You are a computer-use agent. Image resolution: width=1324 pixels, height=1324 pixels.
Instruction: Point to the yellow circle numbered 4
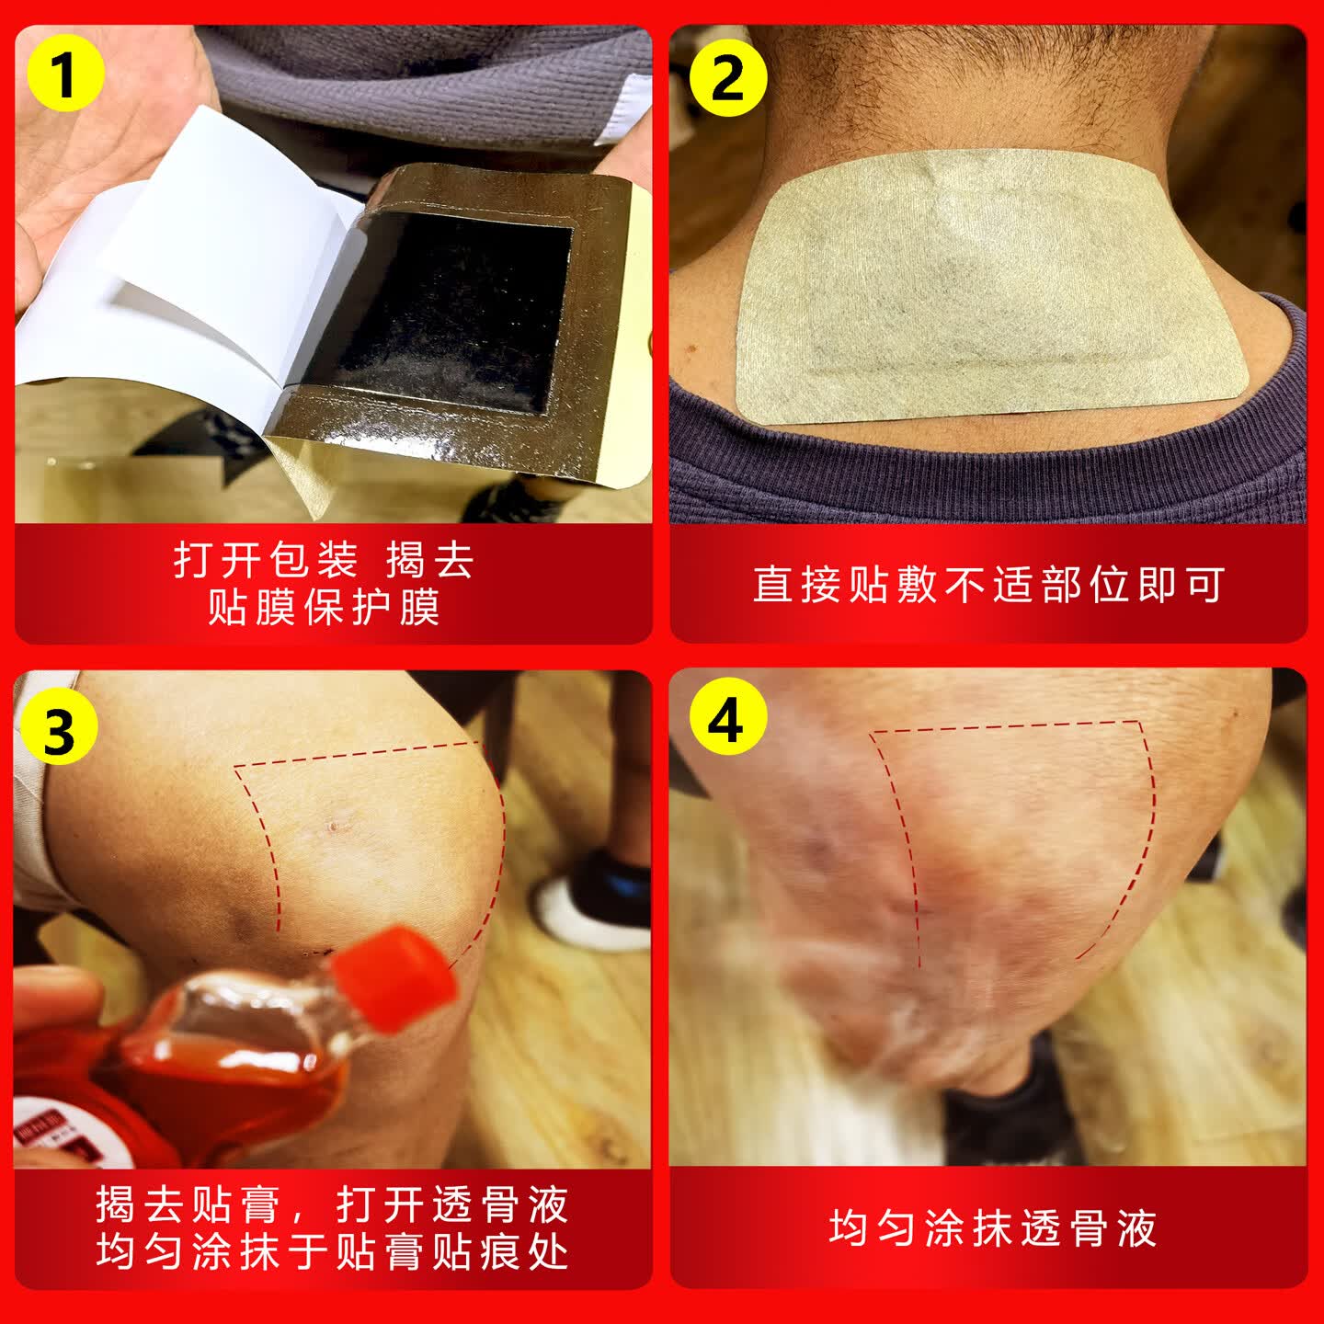click(x=725, y=720)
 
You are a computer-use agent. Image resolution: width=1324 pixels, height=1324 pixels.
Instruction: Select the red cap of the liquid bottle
click(x=395, y=975)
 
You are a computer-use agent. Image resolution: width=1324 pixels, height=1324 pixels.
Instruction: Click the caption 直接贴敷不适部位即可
click(x=988, y=585)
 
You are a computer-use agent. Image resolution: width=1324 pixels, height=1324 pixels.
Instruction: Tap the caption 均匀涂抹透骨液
click(x=991, y=1228)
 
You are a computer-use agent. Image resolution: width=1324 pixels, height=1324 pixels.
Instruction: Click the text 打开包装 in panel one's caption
click(x=266, y=560)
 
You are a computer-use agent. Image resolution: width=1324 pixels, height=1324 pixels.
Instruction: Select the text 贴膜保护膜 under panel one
click(x=324, y=608)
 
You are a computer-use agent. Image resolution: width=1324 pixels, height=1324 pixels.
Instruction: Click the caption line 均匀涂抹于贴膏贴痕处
click(x=333, y=1252)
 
